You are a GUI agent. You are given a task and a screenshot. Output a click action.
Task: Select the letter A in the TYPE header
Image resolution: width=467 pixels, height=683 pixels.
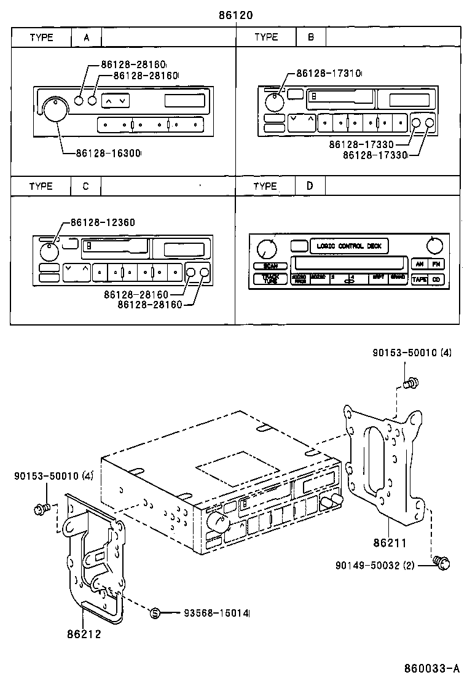[x=87, y=37]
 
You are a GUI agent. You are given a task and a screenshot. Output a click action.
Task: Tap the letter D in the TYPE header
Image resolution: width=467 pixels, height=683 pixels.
[x=310, y=186]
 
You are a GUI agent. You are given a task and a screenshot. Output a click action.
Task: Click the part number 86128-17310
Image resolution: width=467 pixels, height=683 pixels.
[x=328, y=73]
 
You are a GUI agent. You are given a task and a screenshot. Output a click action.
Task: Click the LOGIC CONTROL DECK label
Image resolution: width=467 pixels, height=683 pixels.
[x=349, y=246]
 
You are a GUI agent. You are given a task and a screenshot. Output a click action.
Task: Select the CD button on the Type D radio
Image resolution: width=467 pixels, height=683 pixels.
[x=436, y=279]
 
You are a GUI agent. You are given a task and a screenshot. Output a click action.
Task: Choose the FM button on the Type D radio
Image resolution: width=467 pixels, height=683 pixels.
[x=436, y=264]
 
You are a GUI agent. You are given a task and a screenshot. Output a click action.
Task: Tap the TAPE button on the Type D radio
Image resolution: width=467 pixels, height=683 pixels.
[x=420, y=279]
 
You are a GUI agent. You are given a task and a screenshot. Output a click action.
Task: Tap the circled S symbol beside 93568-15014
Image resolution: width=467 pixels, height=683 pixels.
[x=155, y=612]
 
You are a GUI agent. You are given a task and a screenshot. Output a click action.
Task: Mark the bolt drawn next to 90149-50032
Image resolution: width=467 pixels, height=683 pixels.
[x=441, y=561]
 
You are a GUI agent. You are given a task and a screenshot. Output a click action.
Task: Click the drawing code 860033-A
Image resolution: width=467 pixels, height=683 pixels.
[x=431, y=668]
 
